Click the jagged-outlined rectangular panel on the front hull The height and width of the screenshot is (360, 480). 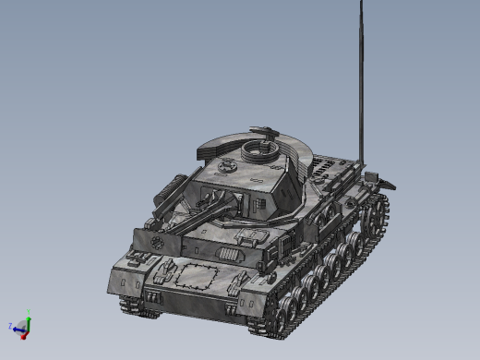click(198, 274)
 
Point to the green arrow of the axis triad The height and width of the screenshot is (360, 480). click(27, 322)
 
